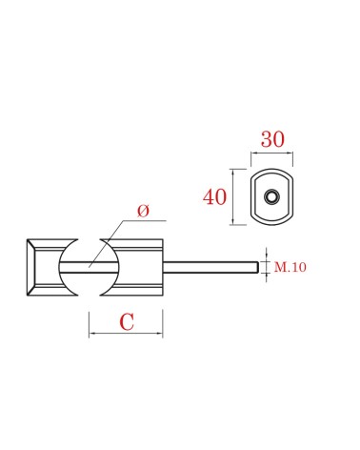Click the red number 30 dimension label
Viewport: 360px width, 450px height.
[x=272, y=139]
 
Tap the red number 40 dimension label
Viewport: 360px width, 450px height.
[x=214, y=196]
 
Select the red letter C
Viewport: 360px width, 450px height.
[x=127, y=321]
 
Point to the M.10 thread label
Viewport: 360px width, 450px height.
[x=290, y=267]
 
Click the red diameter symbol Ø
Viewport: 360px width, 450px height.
[x=143, y=211]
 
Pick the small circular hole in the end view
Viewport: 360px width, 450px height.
[x=271, y=196]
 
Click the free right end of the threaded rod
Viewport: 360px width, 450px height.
[x=257, y=267]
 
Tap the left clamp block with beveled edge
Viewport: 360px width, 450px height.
[x=48, y=267]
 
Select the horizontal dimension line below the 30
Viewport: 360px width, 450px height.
[x=271, y=153]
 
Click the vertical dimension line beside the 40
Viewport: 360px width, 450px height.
[x=233, y=196]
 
